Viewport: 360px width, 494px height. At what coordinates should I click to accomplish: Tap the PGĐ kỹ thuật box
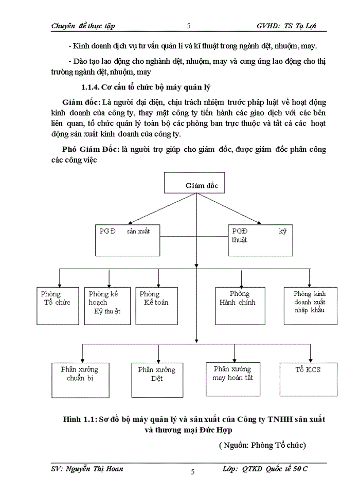coord(259,239)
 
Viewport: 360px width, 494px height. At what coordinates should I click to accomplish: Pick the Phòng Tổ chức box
coord(55,306)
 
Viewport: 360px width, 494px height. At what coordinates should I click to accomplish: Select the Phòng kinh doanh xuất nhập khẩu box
coord(311,306)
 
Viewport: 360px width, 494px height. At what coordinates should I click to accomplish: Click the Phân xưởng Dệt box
coord(156,380)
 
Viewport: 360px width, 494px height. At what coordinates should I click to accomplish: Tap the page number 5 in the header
coord(189,26)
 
